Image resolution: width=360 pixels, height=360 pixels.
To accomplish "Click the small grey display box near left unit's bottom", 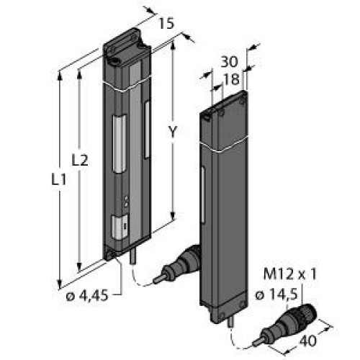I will pyautogui.click(x=120, y=226).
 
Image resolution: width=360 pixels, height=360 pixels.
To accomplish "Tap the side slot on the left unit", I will pyautogui.click(x=147, y=130).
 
